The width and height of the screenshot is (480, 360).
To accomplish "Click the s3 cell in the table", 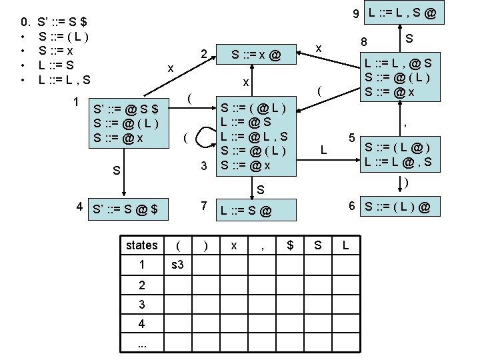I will coord(178,265).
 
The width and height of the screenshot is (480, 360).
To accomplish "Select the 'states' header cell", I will coord(141,245).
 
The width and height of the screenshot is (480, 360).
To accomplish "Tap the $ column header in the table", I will coord(289,245).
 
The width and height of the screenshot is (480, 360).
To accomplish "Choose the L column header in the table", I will coord(345,245).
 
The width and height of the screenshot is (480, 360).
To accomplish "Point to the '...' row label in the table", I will coord(141,344).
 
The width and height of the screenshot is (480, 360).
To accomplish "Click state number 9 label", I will coord(357,13).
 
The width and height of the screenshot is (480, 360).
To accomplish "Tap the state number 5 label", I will coord(352,138).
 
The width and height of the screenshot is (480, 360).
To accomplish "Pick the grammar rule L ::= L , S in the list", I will coord(65,80).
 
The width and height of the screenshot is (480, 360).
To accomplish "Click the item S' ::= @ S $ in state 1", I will coord(127,109).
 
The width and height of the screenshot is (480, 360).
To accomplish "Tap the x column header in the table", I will coord(233,245).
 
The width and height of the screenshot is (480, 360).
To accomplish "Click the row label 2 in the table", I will coord(141,286).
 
